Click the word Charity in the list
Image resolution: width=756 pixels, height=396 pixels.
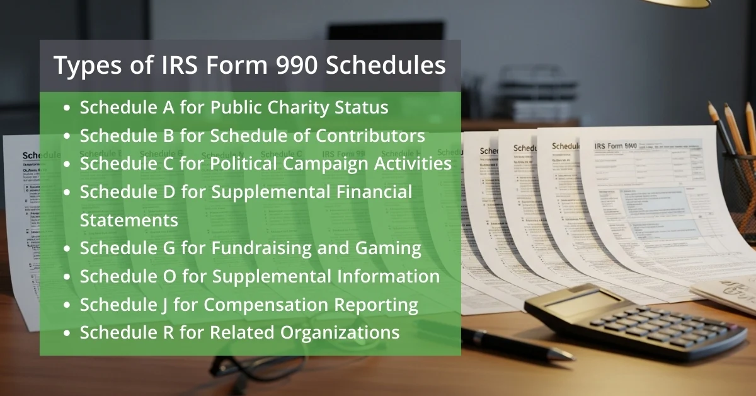[x=291, y=107]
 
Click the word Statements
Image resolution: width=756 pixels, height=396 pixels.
[x=129, y=220]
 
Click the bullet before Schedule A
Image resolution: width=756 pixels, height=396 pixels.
[x=67, y=108]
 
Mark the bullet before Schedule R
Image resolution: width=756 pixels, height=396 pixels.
[x=67, y=332]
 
